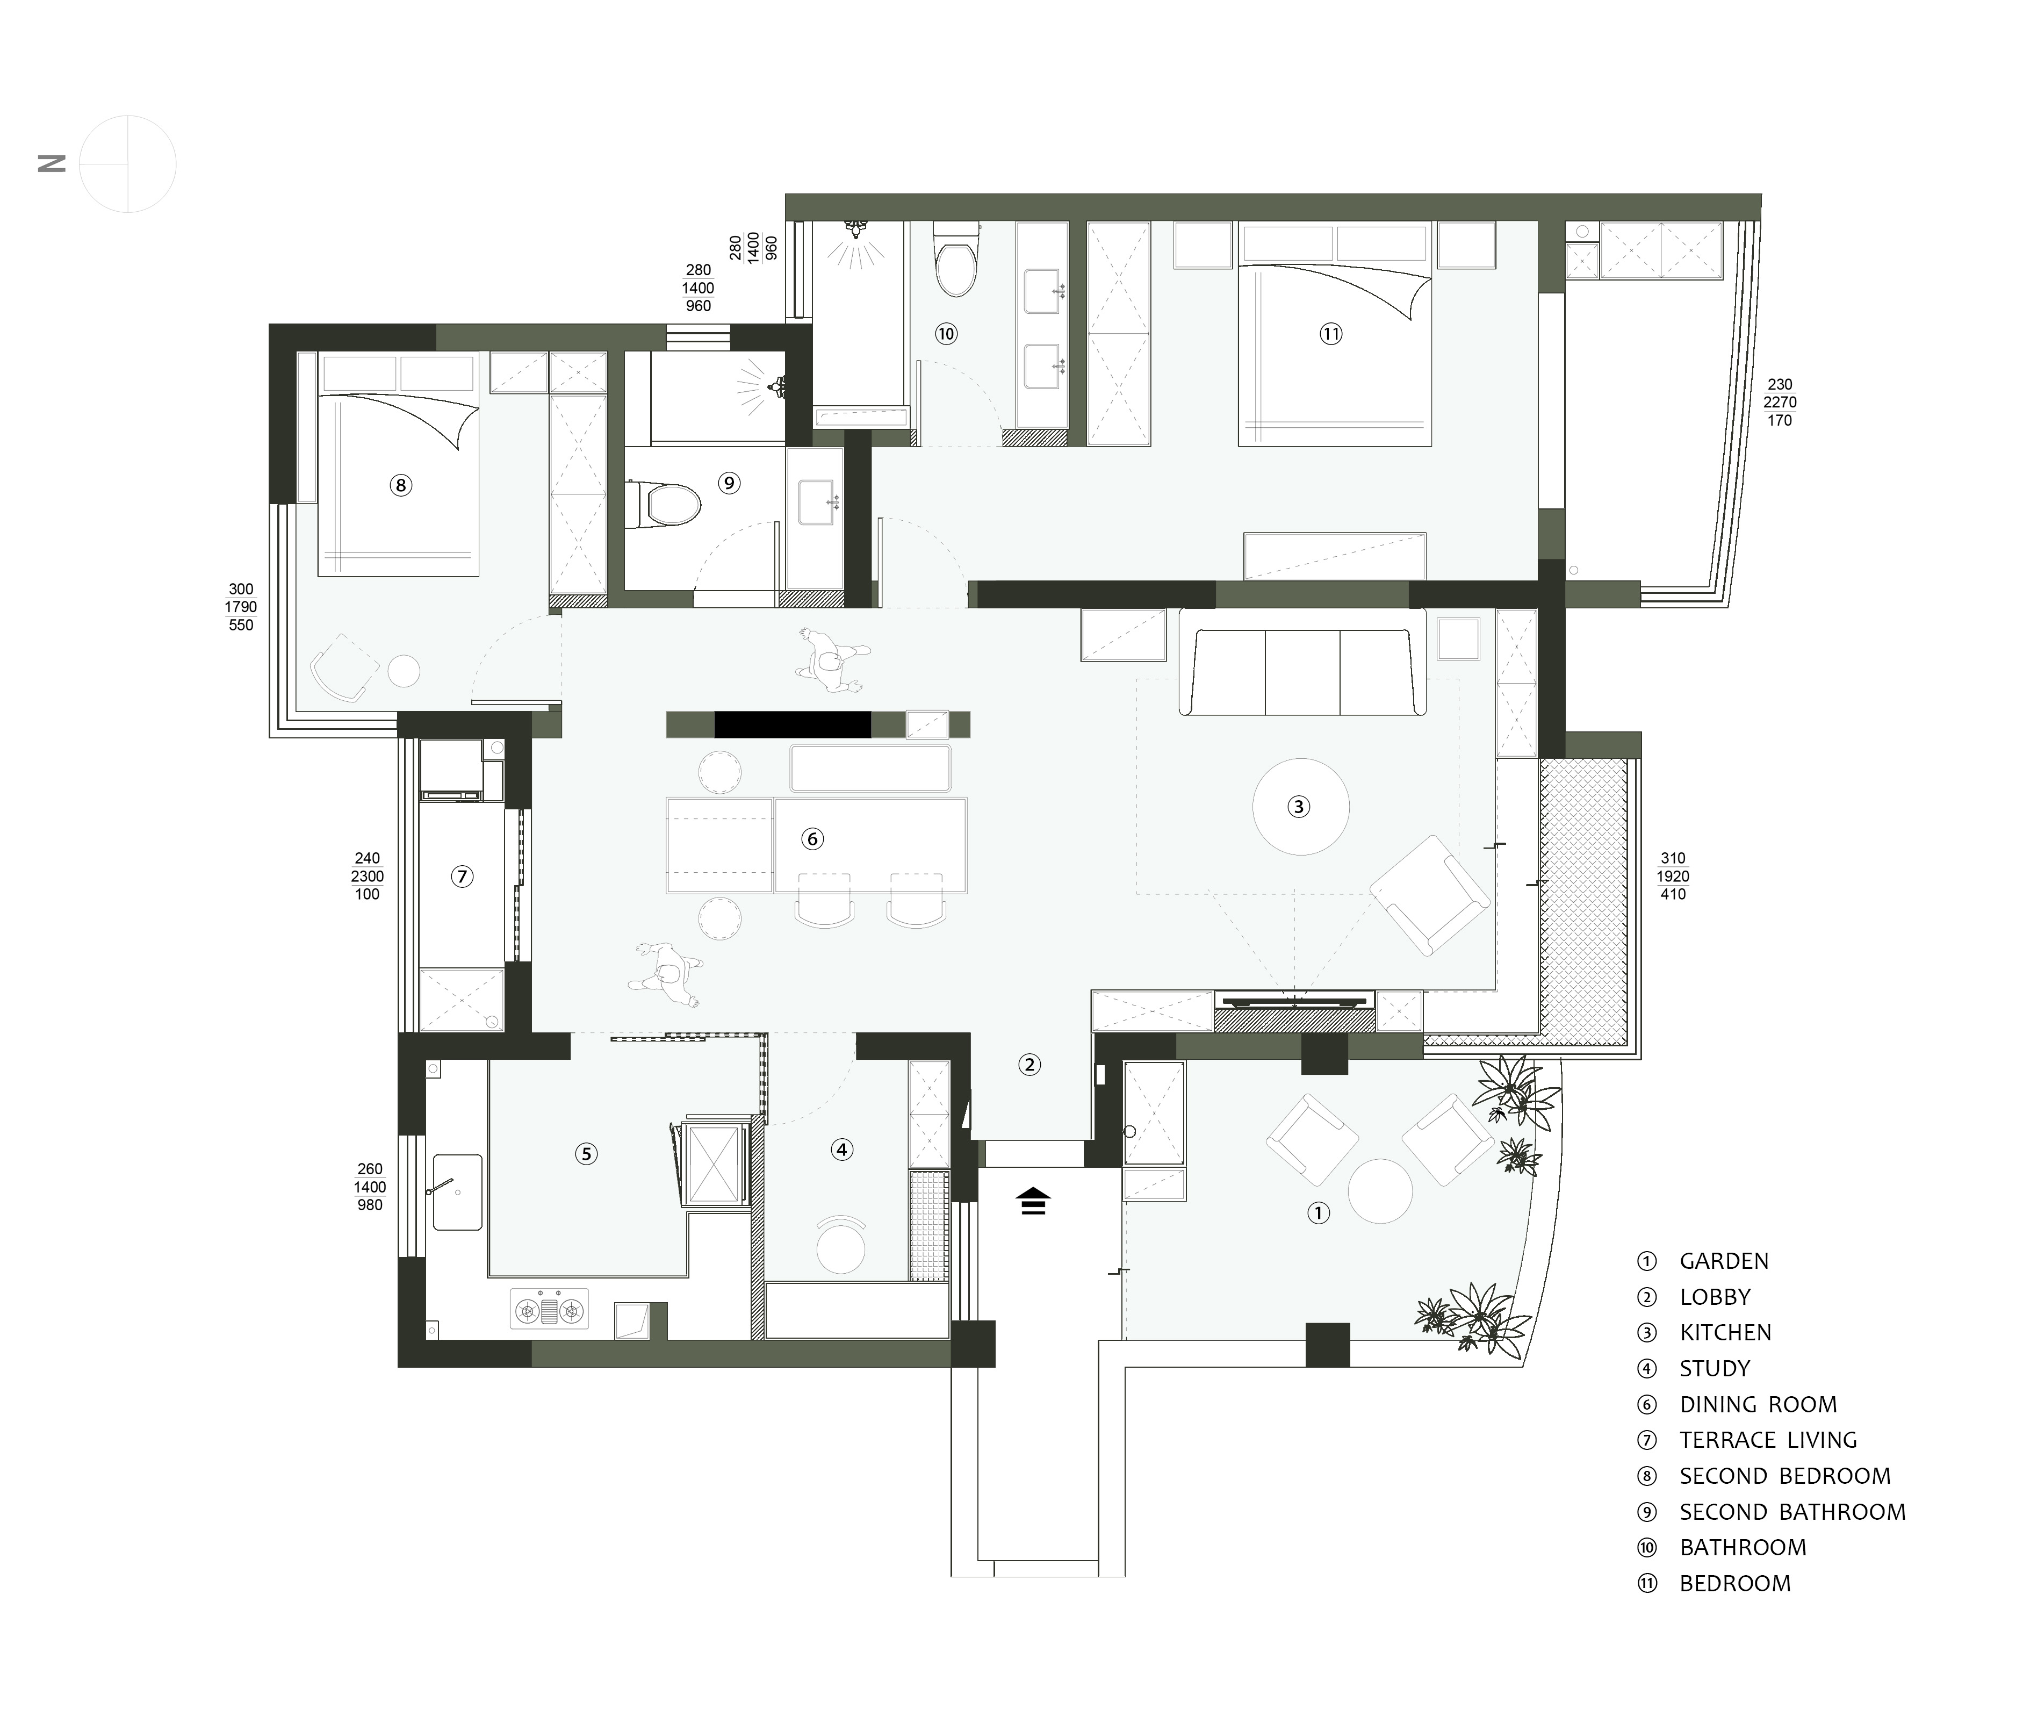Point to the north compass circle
coord(128,164)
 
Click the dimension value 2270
coord(1780,402)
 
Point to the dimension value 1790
coord(241,607)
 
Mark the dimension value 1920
coord(1673,877)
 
